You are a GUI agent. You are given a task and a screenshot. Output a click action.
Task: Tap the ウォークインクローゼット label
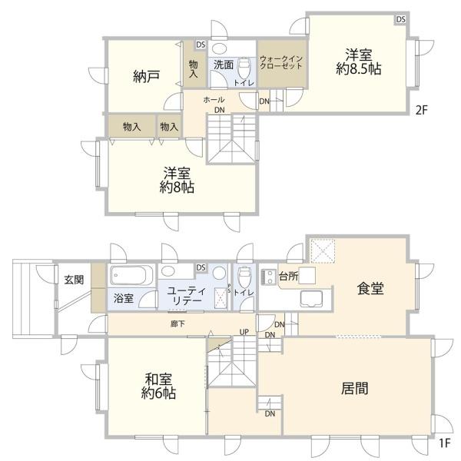281,63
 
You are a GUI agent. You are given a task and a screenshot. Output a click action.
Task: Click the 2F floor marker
421,110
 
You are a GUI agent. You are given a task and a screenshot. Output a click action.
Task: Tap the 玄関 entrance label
74,279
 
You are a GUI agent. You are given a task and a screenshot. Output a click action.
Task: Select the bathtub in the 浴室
131,275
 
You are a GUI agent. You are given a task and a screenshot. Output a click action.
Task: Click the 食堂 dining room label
370,288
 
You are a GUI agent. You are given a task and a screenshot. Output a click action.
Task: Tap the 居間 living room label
354,388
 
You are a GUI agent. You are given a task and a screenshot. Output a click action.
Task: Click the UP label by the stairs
244,332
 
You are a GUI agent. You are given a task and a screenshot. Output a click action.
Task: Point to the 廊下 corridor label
177,324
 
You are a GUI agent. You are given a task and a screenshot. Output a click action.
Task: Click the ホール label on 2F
214,100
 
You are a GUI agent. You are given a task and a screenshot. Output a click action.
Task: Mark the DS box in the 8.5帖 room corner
401,19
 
